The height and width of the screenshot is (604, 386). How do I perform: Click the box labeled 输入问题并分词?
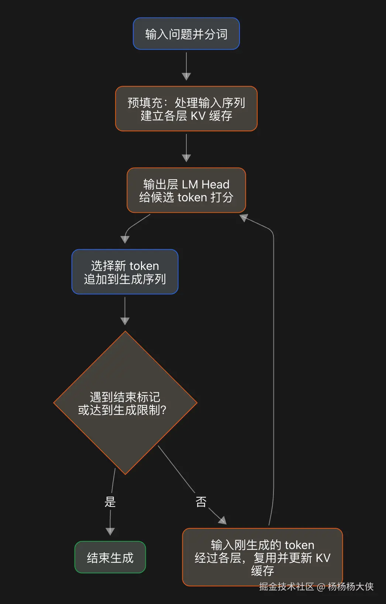[x=186, y=34]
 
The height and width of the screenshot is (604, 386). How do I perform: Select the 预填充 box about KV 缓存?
[x=186, y=109]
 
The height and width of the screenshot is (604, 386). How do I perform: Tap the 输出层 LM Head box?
[x=186, y=190]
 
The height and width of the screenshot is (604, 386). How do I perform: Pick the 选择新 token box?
[x=125, y=272]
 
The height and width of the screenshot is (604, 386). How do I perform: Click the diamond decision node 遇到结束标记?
[x=125, y=403]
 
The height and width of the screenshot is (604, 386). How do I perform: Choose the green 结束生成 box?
[x=110, y=557]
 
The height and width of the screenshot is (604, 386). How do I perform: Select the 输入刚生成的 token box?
[x=262, y=557]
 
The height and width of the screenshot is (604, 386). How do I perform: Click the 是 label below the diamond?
[x=110, y=502]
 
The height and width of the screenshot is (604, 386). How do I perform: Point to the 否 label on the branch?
[x=201, y=502]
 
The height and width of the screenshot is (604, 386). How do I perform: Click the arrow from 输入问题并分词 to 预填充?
[x=186, y=66]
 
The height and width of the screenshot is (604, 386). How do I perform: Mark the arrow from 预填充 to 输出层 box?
[x=186, y=148]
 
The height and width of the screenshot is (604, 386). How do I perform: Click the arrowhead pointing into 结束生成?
[x=110, y=531]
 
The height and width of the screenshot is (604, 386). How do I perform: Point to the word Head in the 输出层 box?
[x=216, y=184]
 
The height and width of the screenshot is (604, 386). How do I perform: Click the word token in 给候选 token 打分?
[x=192, y=197]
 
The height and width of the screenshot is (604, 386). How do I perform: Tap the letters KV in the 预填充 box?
[x=198, y=116]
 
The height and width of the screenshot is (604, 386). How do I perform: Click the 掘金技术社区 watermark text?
[x=286, y=586]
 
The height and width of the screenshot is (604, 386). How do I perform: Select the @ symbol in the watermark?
[x=321, y=587]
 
